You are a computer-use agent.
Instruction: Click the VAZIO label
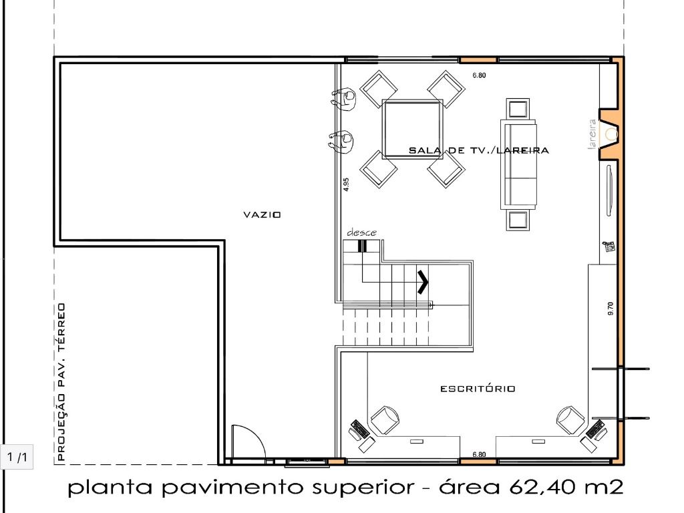click(262, 214)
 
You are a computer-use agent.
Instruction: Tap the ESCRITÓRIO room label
click(478, 388)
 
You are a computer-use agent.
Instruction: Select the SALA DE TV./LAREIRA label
click(478, 150)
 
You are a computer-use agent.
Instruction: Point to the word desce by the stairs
click(361, 232)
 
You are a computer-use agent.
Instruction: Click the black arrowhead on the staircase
click(423, 283)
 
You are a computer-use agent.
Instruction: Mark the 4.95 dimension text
click(346, 184)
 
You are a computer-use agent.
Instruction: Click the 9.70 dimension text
click(611, 309)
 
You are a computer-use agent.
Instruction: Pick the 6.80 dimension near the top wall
click(479, 75)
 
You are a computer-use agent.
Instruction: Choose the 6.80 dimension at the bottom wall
click(479, 454)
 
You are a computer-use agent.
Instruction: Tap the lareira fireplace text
click(592, 134)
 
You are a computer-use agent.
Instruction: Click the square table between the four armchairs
click(412, 129)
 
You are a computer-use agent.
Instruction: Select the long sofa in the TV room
click(518, 164)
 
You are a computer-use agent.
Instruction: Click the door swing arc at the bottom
click(257, 436)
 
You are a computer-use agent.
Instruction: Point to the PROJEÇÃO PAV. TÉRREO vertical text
click(61, 382)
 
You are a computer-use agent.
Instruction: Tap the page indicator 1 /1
click(17, 457)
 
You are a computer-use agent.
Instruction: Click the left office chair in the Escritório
click(384, 420)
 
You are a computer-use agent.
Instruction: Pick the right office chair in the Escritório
click(571, 420)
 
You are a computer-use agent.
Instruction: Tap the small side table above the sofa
click(518, 109)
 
